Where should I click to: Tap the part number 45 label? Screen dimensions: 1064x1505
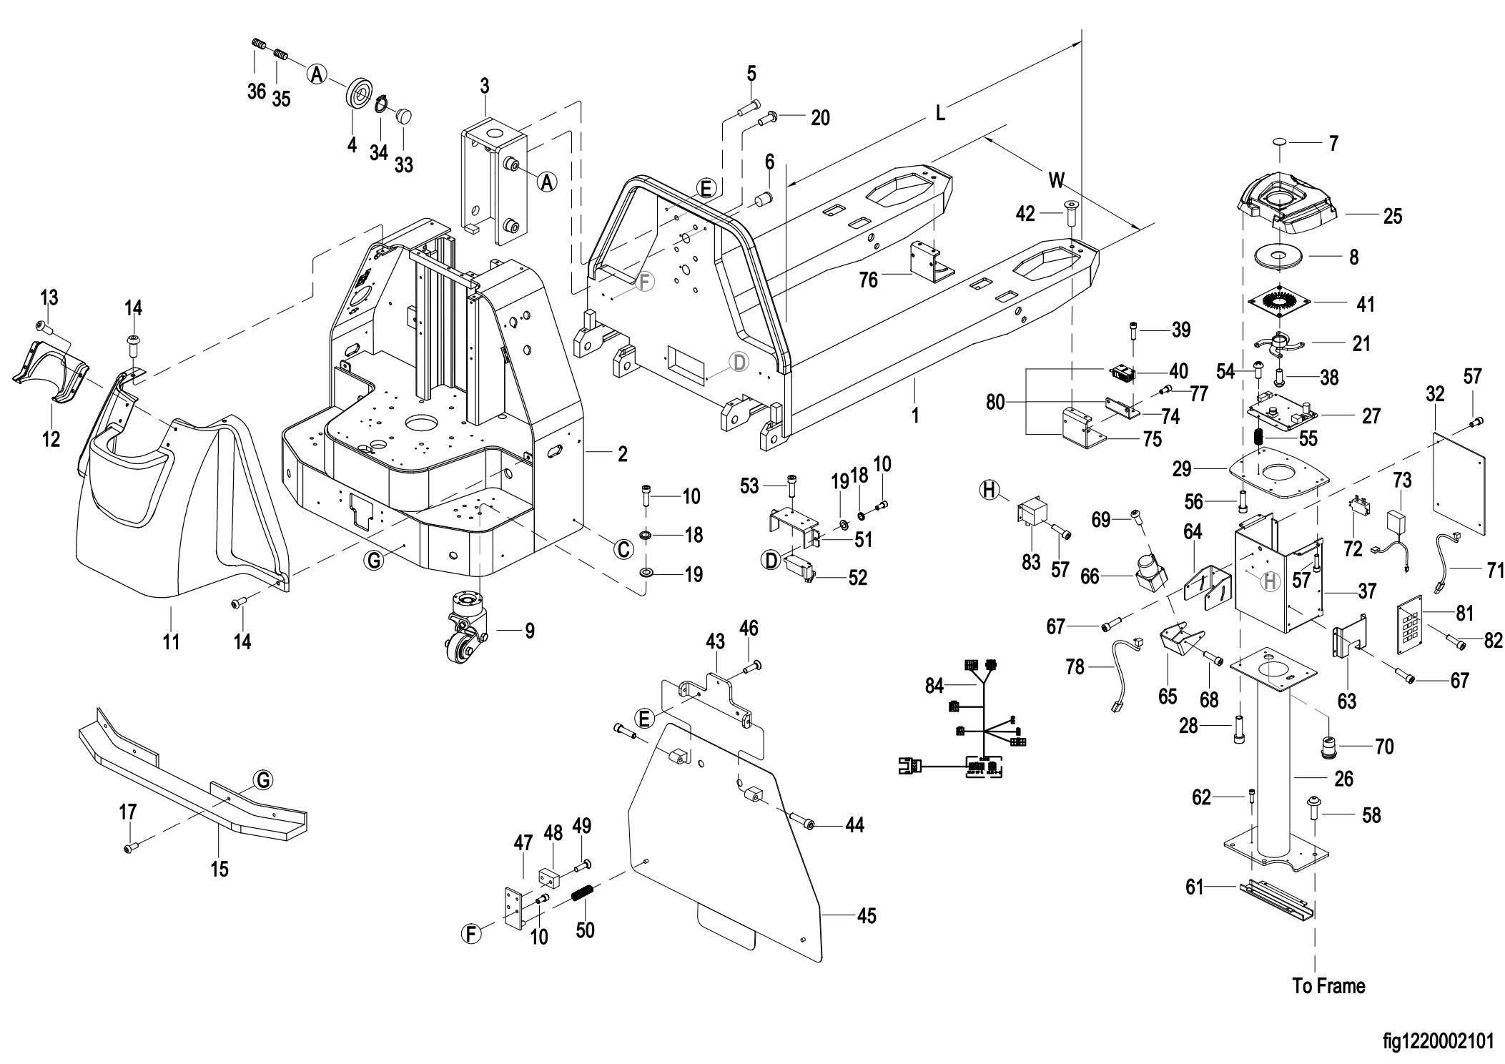(x=867, y=916)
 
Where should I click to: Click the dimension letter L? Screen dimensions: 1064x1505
(x=940, y=113)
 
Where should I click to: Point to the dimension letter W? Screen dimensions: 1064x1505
(x=1056, y=179)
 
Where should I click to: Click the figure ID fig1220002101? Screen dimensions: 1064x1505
(x=1438, y=1041)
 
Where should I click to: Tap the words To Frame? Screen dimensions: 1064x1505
(x=1328, y=986)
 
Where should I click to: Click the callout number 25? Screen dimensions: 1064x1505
(x=1392, y=215)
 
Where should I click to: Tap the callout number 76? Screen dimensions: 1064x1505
(x=869, y=279)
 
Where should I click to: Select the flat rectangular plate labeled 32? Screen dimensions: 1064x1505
(x=1459, y=483)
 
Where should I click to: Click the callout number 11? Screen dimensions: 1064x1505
(x=171, y=641)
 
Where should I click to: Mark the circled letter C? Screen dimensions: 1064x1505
(x=623, y=549)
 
